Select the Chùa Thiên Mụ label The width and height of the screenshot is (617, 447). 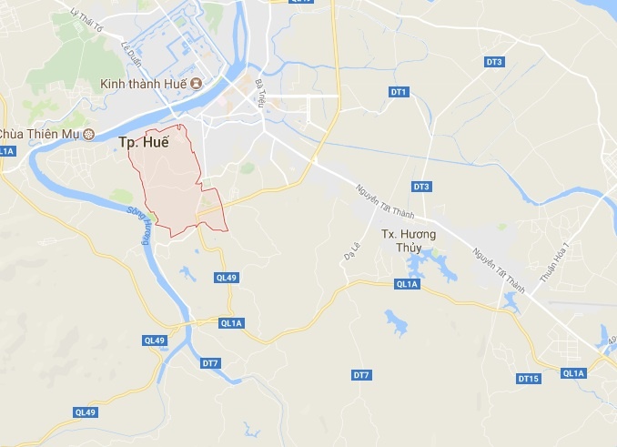pyautogui.click(x=38, y=135)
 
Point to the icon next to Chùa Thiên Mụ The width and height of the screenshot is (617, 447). pyautogui.click(x=88, y=135)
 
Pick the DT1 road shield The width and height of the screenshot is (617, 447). pyautogui.click(x=399, y=92)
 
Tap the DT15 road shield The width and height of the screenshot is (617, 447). pyautogui.click(x=529, y=378)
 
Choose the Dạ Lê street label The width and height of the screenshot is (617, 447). pyautogui.click(x=350, y=250)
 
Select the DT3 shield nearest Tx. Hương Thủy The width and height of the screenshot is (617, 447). pyautogui.click(x=420, y=187)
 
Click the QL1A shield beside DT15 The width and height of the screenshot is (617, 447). pyautogui.click(x=573, y=372)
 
